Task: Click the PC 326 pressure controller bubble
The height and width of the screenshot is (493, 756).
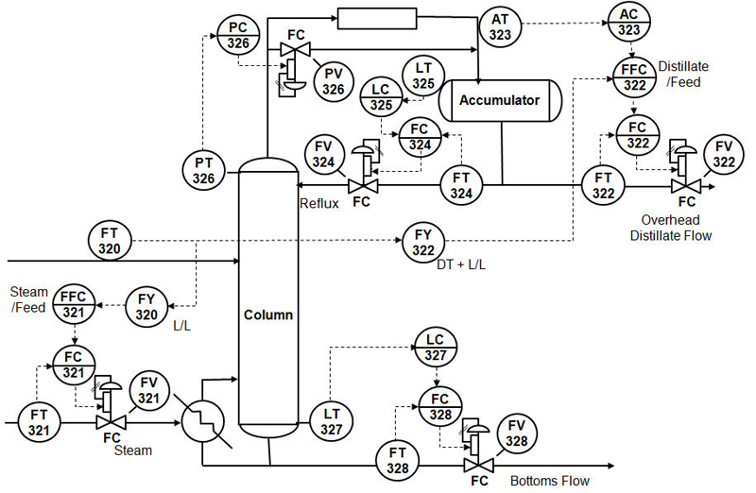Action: click(x=238, y=36)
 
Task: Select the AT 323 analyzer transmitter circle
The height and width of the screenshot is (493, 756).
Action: click(x=500, y=27)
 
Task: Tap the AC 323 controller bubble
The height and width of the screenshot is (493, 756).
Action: click(x=628, y=22)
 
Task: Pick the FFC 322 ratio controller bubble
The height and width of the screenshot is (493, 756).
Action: click(x=634, y=77)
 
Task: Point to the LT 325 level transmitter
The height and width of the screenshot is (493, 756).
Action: click(x=423, y=76)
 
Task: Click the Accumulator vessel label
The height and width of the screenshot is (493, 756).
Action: click(x=499, y=100)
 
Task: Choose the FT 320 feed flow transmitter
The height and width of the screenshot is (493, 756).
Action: click(x=110, y=241)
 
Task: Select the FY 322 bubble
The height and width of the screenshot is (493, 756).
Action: click(x=423, y=243)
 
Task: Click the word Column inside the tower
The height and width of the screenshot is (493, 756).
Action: click(x=268, y=314)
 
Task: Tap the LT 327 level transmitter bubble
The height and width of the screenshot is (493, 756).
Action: click(x=332, y=421)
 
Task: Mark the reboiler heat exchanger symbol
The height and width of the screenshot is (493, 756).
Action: click(x=203, y=422)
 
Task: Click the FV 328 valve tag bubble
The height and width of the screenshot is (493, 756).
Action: click(x=516, y=433)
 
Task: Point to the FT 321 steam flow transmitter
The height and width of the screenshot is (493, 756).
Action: click(x=39, y=422)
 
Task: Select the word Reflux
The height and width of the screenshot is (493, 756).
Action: click(x=319, y=203)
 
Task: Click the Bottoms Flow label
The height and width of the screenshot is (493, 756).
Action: click(x=550, y=481)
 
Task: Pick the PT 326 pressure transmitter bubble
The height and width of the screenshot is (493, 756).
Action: click(x=203, y=171)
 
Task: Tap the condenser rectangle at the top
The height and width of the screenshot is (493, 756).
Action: click(x=377, y=18)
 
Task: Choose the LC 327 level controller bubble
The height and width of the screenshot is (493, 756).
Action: click(x=436, y=348)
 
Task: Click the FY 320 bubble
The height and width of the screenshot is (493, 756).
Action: click(x=146, y=307)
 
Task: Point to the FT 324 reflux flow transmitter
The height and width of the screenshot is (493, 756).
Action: click(x=461, y=185)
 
